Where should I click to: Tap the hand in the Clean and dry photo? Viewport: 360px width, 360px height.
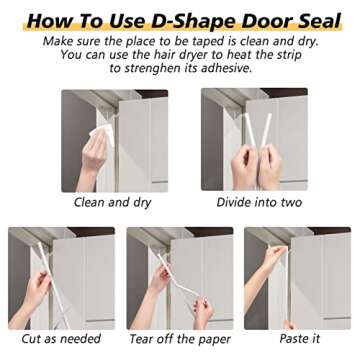tap(93, 155)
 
